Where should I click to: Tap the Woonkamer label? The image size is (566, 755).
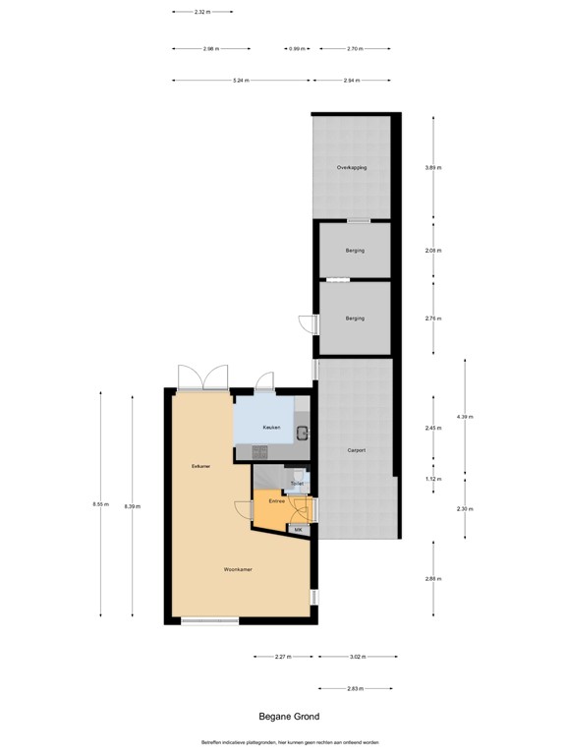click(x=238, y=569)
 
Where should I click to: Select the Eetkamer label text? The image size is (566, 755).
click(x=202, y=466)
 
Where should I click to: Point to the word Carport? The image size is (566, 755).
click(x=356, y=450)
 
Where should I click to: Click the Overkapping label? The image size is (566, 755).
click(x=352, y=168)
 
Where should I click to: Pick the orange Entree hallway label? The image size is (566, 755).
click(x=276, y=501)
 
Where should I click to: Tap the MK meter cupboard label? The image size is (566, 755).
click(x=299, y=530)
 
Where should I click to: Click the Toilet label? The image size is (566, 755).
click(x=296, y=484)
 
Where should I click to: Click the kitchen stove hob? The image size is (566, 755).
click(x=260, y=451)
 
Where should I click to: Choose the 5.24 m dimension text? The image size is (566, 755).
click(x=240, y=81)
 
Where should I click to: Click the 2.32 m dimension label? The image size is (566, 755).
click(x=202, y=12)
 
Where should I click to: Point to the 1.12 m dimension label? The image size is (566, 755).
click(x=433, y=479)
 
